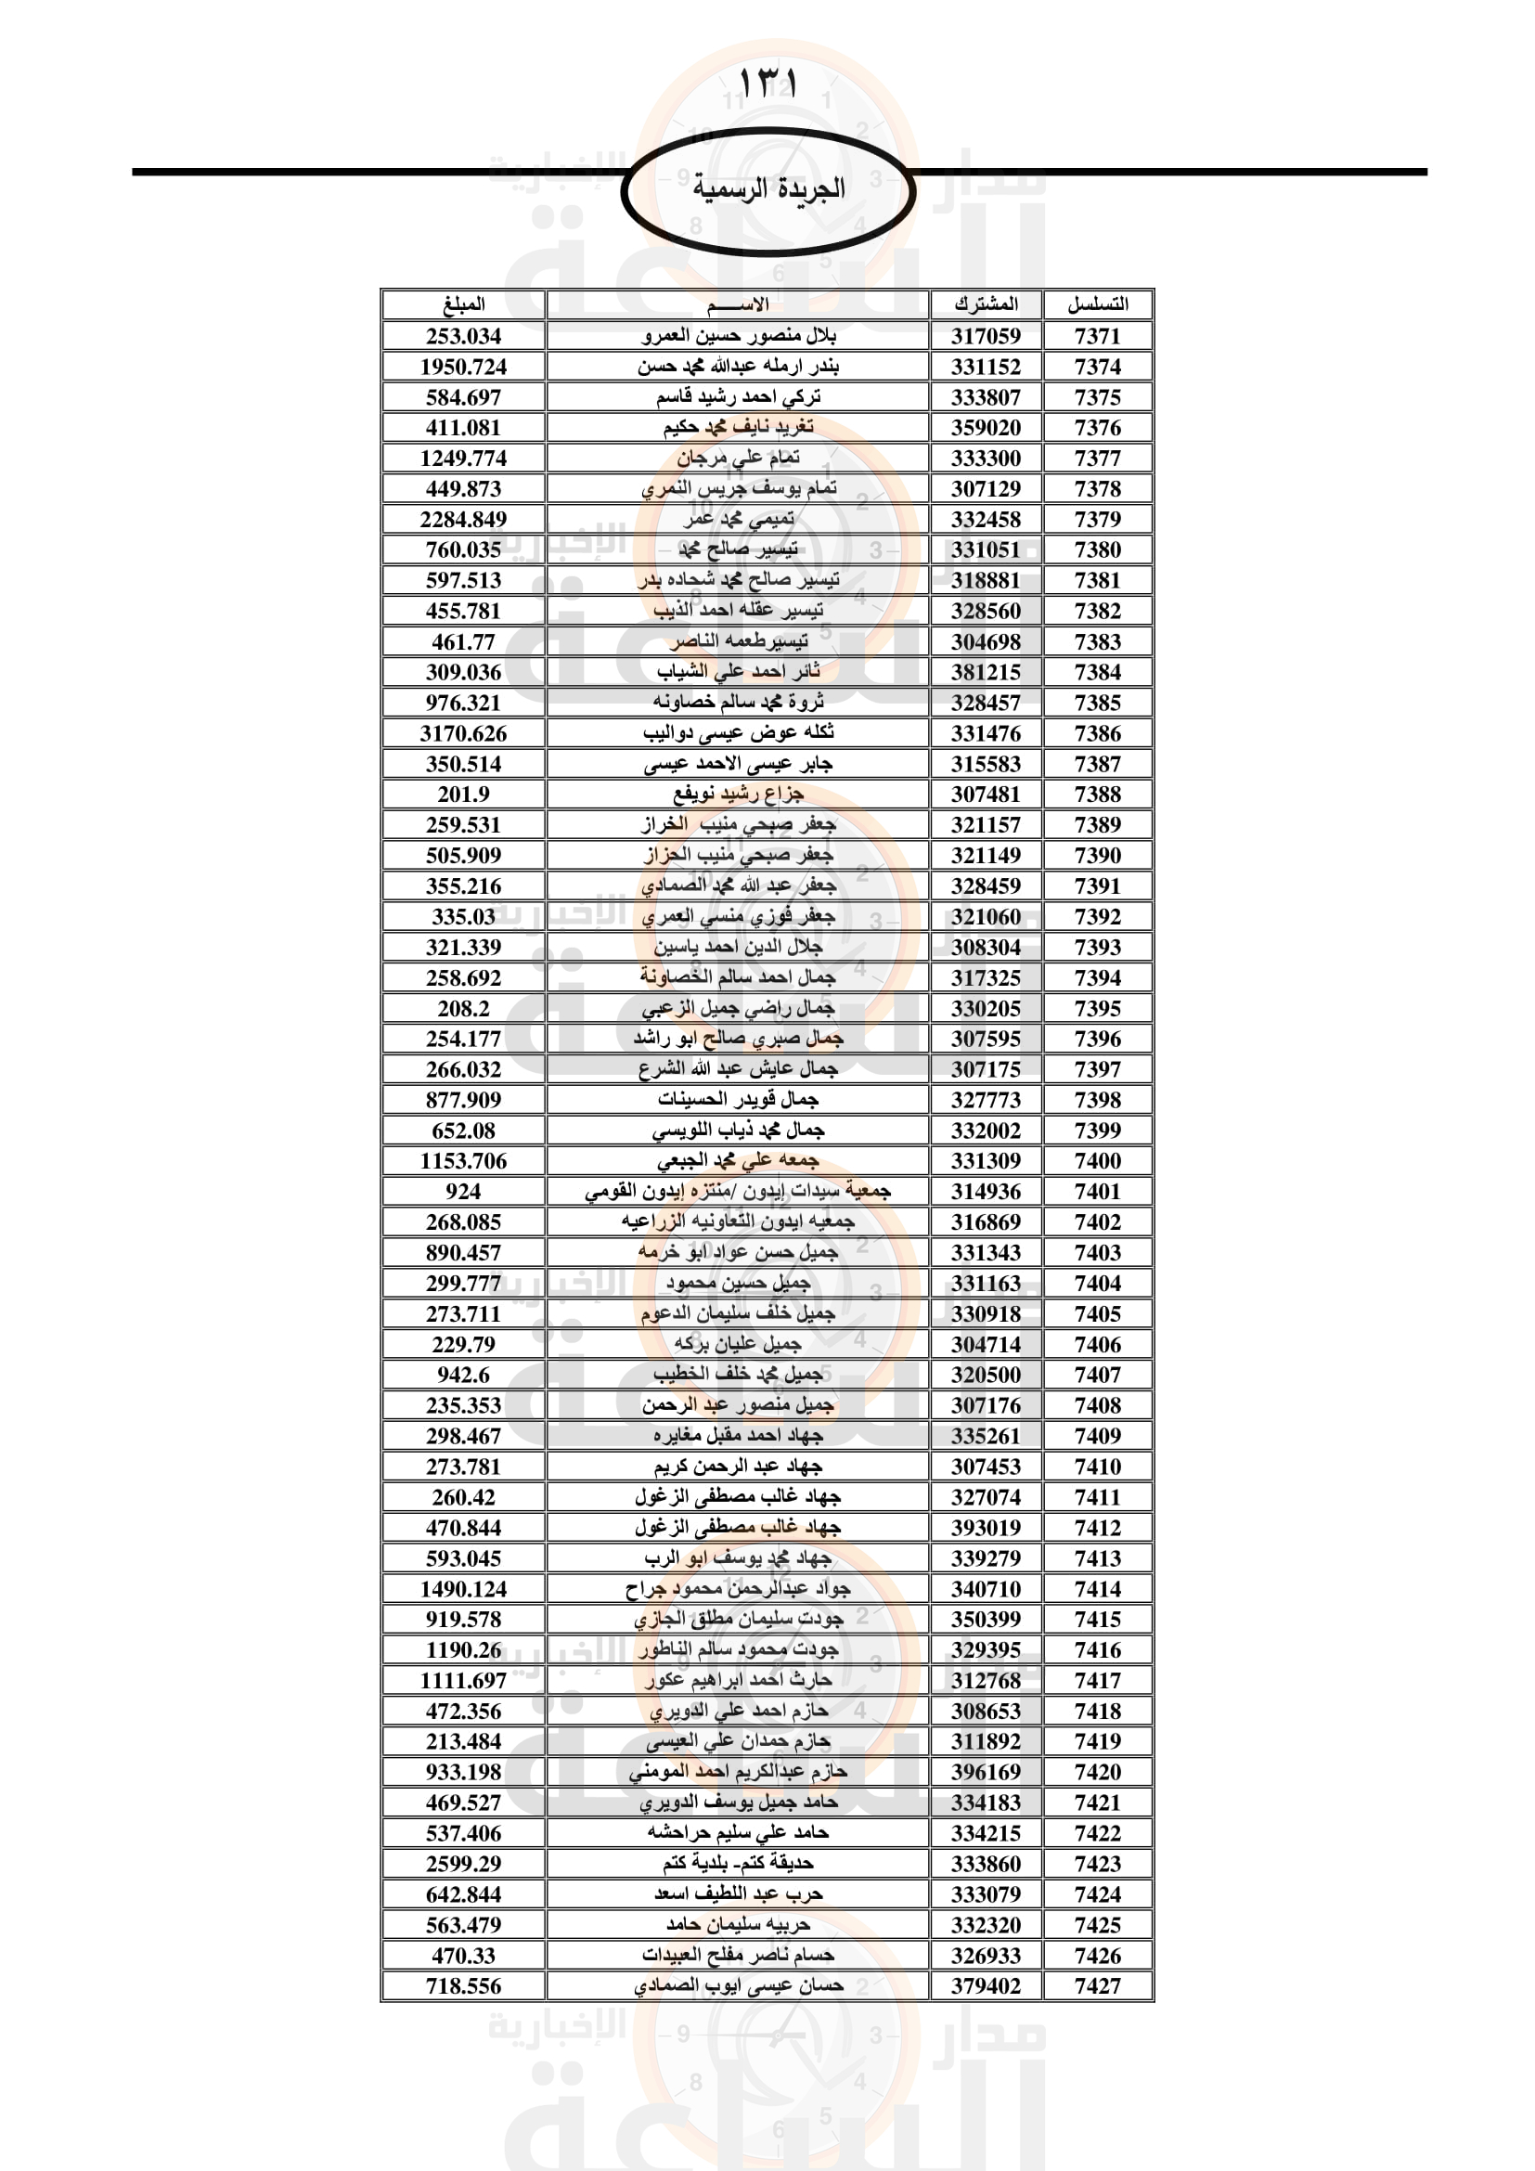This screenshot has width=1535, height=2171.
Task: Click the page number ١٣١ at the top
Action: [x=767, y=84]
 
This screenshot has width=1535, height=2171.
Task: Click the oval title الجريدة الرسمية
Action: [x=767, y=189]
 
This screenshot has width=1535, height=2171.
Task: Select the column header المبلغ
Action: [x=463, y=304]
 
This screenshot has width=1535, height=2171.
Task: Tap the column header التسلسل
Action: [x=1097, y=304]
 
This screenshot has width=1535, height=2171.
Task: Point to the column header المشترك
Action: [x=986, y=304]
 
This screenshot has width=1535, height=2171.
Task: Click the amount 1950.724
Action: [x=463, y=367]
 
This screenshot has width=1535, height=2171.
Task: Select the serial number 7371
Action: [x=1097, y=336]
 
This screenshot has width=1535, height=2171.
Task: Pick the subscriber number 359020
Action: [x=986, y=427]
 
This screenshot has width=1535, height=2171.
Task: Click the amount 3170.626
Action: [x=463, y=734]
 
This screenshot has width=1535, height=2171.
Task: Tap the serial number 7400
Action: [x=1097, y=1161]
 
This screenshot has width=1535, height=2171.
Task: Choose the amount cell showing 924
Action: [x=463, y=1192]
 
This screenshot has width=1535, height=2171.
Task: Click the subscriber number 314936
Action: [x=986, y=1192]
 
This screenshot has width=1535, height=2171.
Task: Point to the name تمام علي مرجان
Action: [x=738, y=459]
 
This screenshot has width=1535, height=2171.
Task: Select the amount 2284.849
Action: [x=463, y=519]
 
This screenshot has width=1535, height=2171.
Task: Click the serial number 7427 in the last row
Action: [x=1097, y=1985]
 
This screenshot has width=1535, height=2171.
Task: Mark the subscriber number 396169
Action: [x=986, y=1772]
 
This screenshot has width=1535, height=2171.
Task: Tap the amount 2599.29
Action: [x=463, y=1864]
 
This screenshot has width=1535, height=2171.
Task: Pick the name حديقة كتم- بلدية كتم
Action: [x=738, y=1864]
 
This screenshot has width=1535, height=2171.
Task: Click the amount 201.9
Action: [x=463, y=795]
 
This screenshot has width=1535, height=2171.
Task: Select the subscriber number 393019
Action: [x=986, y=1527]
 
